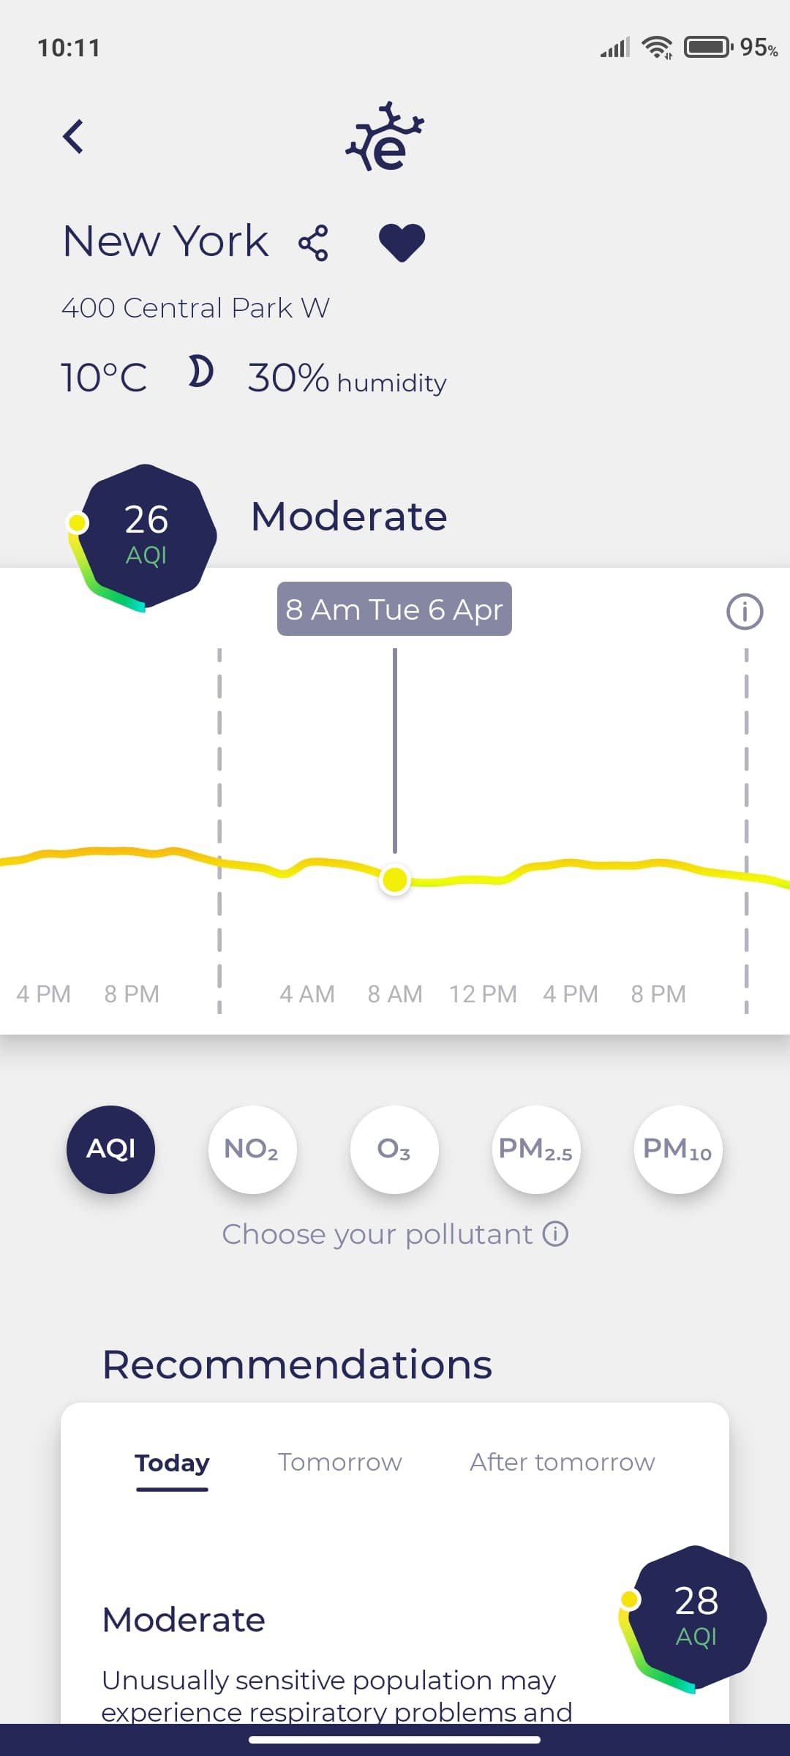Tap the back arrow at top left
pyautogui.click(x=73, y=137)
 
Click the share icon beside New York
pyautogui.click(x=313, y=243)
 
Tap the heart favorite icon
pyautogui.click(x=402, y=242)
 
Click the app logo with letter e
pyautogui.click(x=385, y=138)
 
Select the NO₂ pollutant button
pyautogui.click(x=252, y=1149)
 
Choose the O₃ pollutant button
pyautogui.click(x=394, y=1149)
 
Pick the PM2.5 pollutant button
pyautogui.click(x=535, y=1149)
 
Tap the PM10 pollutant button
pyautogui.click(x=677, y=1149)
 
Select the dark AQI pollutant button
pyautogui.click(x=110, y=1149)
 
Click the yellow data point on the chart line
pyautogui.click(x=395, y=879)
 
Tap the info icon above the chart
pyautogui.click(x=745, y=612)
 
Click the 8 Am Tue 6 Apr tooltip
pyautogui.click(x=394, y=609)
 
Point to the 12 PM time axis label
pyautogui.click(x=483, y=994)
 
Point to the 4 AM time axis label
pyautogui.click(x=307, y=994)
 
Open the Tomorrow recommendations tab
pyautogui.click(x=340, y=1462)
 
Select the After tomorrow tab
pyautogui.click(x=562, y=1462)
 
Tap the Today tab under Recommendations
pyautogui.click(x=172, y=1463)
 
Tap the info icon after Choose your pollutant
pyautogui.click(x=555, y=1234)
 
